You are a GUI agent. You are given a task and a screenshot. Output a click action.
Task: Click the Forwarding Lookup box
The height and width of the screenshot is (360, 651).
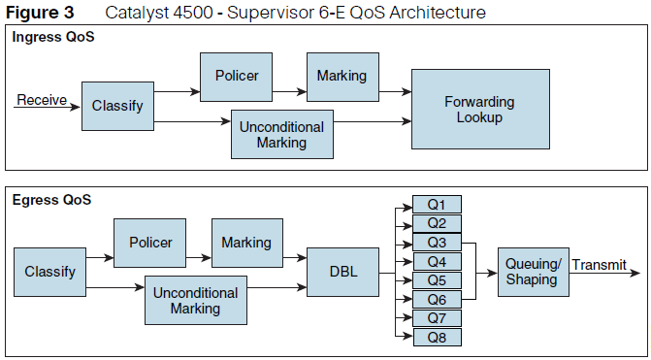479,109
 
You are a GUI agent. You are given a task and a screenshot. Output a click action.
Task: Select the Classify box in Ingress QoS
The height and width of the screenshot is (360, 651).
117,105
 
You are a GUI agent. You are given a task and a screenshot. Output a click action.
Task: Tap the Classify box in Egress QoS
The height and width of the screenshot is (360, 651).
49,272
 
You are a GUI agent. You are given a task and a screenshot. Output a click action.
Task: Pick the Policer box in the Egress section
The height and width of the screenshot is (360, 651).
150,243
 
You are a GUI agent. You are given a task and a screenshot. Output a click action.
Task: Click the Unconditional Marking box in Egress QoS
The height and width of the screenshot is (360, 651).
195,300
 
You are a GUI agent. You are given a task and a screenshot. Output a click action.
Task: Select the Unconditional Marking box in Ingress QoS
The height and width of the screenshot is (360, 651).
281,134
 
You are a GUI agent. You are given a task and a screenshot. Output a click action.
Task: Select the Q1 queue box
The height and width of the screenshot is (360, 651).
437,205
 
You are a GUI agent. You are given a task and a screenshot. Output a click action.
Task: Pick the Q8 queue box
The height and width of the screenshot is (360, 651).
437,337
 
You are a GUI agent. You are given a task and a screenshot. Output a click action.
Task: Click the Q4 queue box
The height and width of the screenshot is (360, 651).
437,261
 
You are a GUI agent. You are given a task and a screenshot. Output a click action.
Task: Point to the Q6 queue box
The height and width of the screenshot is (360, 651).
437,299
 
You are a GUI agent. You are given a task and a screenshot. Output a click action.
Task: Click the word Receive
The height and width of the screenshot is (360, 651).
41,99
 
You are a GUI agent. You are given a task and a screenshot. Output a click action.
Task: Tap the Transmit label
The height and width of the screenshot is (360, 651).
605,265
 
